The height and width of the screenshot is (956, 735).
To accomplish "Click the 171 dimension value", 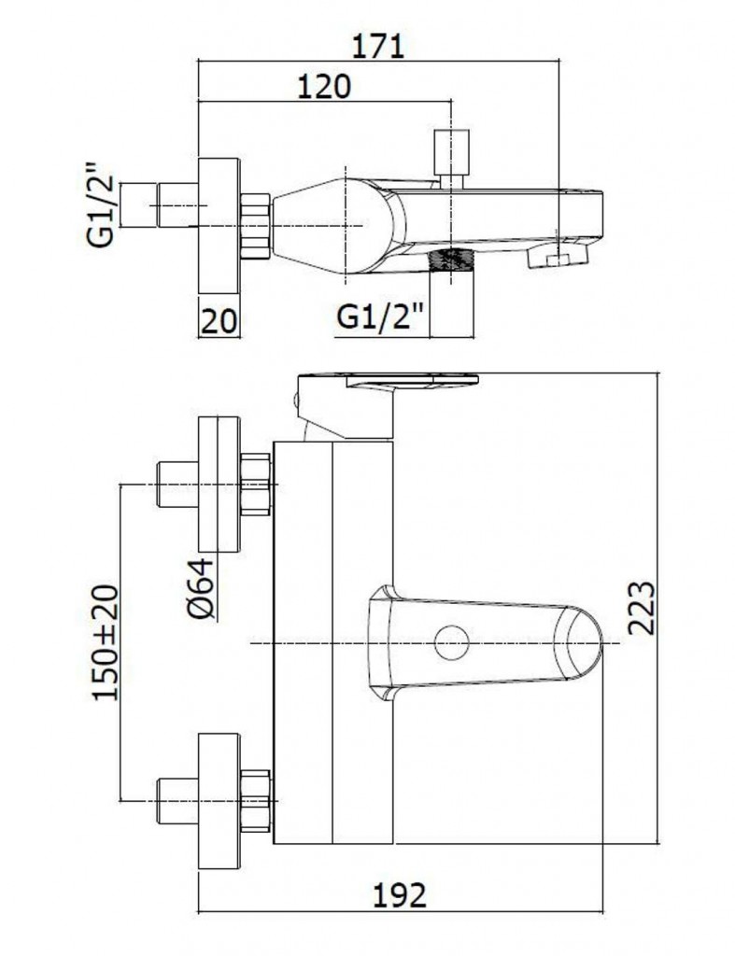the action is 378,46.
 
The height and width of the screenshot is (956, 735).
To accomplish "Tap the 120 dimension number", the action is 324,87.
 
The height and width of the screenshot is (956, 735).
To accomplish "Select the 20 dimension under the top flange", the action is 219,321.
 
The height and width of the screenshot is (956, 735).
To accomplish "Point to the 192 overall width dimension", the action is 400,895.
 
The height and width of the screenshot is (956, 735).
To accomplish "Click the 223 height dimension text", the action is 641,608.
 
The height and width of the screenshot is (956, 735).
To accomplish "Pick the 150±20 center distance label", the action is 106,642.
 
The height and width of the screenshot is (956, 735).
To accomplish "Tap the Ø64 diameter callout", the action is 202,588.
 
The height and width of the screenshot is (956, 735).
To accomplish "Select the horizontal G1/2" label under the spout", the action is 381,317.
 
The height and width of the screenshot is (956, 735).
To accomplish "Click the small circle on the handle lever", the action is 451,642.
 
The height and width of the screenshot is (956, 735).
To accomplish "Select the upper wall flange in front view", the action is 219,485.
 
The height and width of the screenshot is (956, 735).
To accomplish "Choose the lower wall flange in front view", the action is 219,801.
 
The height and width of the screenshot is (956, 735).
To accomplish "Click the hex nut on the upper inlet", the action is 256,485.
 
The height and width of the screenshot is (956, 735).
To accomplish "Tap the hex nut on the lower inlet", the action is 256,800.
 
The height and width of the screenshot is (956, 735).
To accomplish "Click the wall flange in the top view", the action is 219,226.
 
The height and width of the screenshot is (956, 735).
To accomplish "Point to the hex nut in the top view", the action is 256,226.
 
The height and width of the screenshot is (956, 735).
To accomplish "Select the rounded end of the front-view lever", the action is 586,642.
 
